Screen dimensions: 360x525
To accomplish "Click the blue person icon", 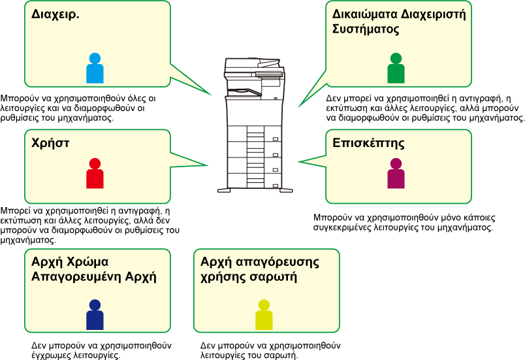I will pos(95,69).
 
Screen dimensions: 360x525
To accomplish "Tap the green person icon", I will pos(396,69).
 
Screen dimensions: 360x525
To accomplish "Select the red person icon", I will pos(95,174).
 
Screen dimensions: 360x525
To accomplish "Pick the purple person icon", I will pos(396,174).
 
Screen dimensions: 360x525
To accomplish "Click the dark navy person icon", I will pos(95,315).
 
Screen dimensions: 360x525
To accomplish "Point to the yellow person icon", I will pos(264,315).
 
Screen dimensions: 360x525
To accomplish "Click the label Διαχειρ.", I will pos(56,14).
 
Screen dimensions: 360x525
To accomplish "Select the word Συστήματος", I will pos(366,29).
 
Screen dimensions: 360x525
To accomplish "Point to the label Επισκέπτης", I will pos(368,143).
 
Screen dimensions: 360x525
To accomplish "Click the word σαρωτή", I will pos(275,277).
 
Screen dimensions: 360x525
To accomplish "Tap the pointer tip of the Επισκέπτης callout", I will pos(298,162).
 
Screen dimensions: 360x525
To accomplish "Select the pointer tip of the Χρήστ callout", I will pos(208,165).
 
